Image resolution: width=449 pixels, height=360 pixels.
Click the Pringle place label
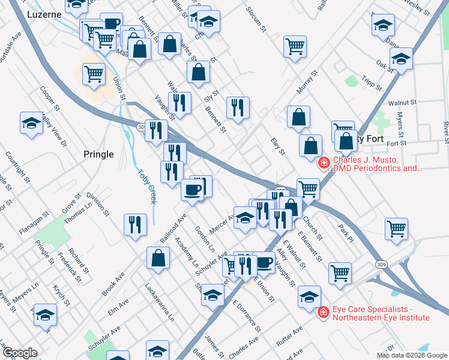(98, 154)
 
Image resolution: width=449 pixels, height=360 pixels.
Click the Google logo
(20, 353)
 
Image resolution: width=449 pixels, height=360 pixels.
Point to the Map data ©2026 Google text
(412, 355)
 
